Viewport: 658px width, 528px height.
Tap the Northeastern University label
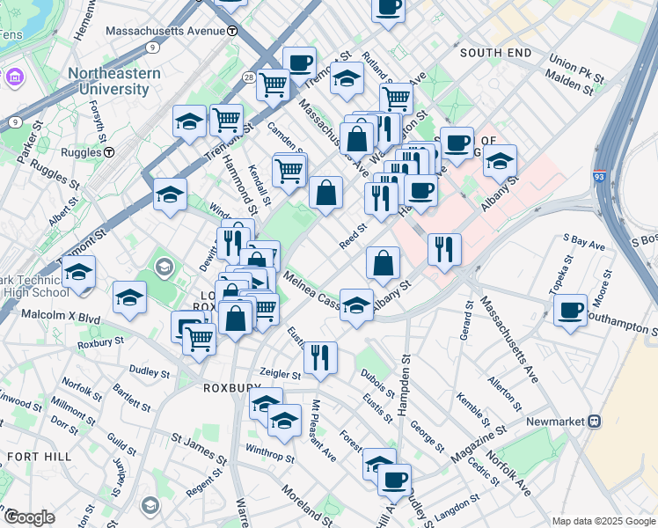(109, 81)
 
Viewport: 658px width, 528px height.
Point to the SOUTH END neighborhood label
(495, 54)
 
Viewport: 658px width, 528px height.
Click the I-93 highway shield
(599, 176)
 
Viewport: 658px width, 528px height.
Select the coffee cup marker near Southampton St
(571, 310)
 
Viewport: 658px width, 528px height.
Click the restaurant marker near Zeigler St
(320, 356)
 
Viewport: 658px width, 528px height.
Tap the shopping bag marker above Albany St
(384, 262)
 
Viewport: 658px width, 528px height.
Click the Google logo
(29, 517)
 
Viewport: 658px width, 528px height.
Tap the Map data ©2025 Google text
(603, 521)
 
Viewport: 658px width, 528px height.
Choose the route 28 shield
(250, 79)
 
